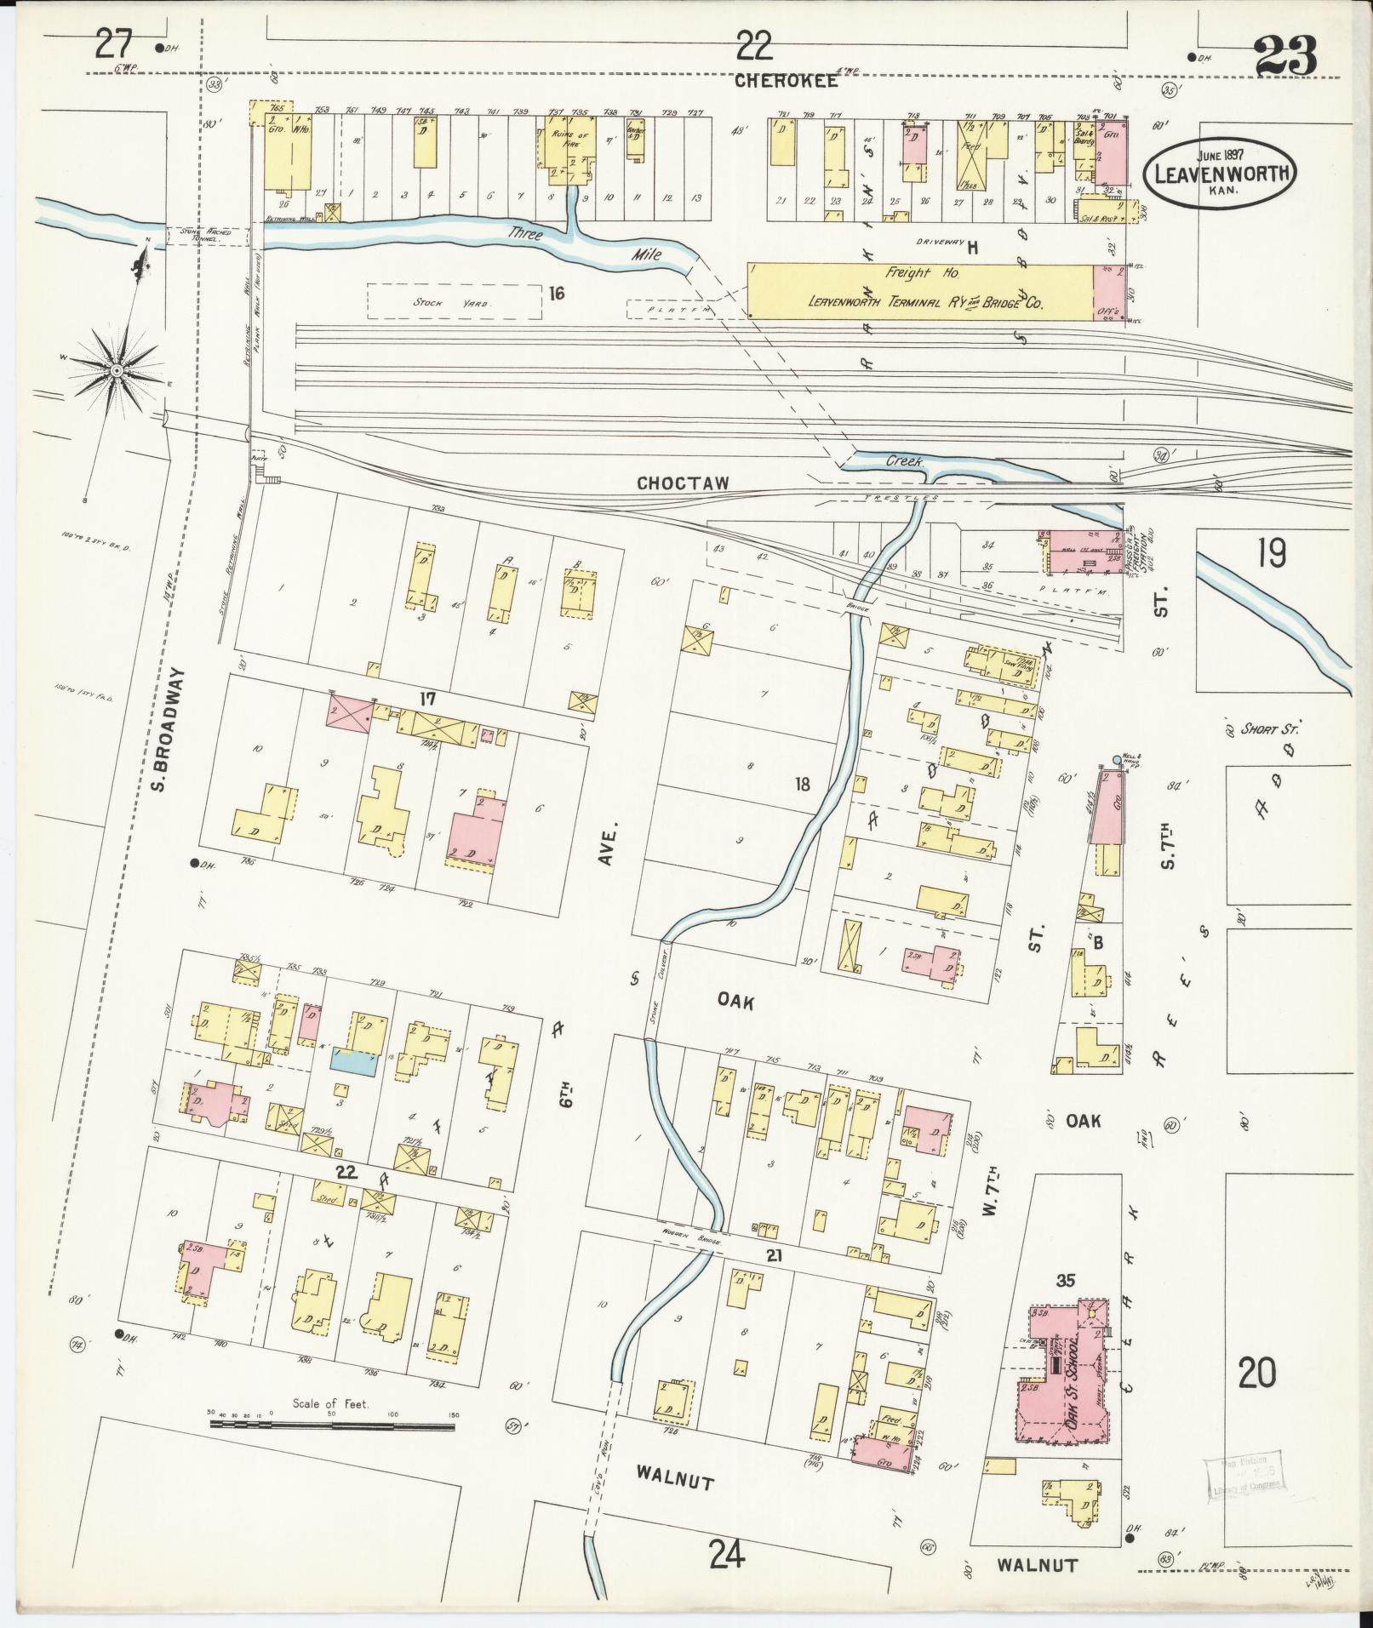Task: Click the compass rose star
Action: click(114, 370)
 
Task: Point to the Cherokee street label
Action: click(787, 82)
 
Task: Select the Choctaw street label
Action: click(684, 483)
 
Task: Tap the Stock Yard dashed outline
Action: click(455, 301)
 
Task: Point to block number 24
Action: click(726, 1555)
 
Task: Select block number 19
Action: click(1271, 555)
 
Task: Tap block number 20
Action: click(1257, 1373)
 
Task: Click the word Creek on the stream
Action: click(905, 460)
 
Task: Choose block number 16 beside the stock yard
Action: click(558, 294)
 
